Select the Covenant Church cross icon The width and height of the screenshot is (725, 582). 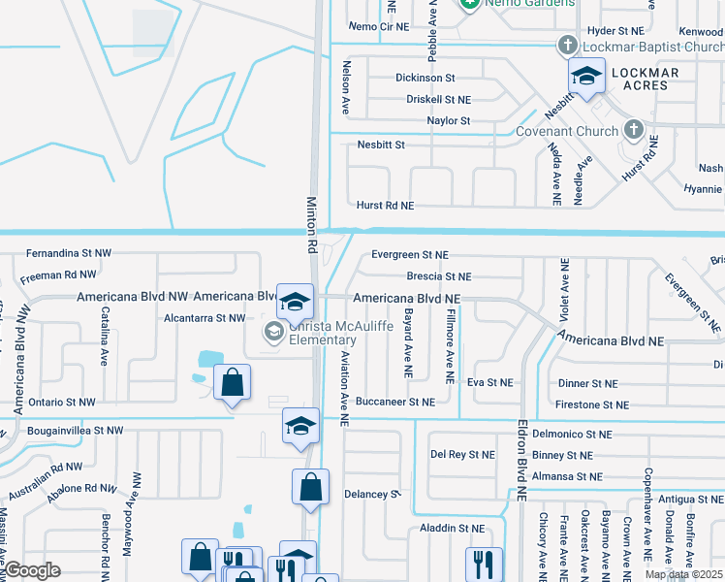pos(633,130)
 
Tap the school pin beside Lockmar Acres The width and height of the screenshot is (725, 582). pos(586,77)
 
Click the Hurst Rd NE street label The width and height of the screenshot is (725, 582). pos(385,206)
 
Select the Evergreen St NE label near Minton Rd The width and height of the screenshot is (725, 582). pos(410,255)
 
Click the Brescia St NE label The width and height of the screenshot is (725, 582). pos(438,276)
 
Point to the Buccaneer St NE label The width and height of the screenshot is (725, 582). pos(394,402)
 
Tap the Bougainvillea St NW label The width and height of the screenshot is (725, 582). pos(75,430)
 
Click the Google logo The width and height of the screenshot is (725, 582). pos(32,570)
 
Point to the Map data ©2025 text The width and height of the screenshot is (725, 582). pos(682,574)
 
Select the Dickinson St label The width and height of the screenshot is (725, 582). pos(425,78)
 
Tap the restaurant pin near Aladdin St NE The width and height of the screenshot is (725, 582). pos(483,564)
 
